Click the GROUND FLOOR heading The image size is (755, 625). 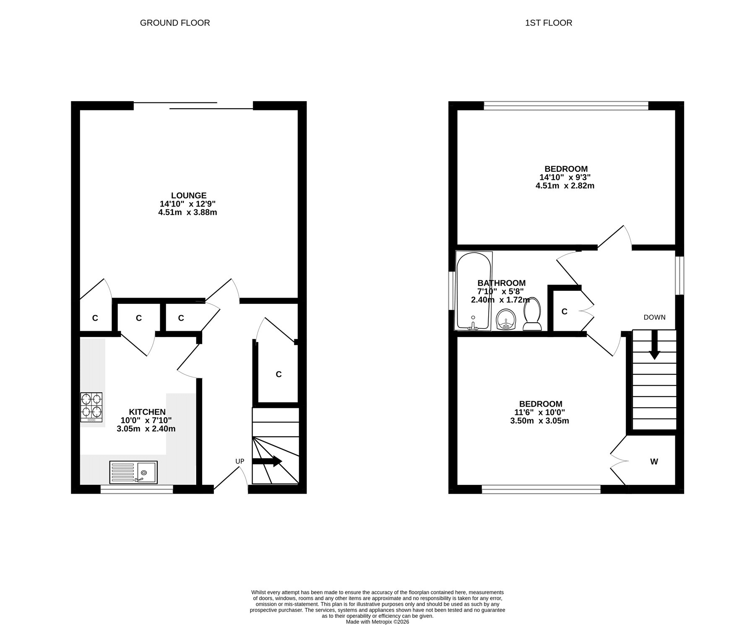click(175, 23)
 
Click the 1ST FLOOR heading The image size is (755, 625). click(549, 23)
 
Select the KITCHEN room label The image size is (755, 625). click(147, 412)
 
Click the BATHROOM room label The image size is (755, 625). click(501, 283)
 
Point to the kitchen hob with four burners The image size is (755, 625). click(91, 408)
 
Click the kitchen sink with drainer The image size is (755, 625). click(133, 473)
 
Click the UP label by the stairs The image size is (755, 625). click(240, 461)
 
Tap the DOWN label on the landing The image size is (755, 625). click(654, 317)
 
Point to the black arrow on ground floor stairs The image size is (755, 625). click(267, 461)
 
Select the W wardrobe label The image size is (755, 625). click(654, 462)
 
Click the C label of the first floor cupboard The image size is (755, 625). click(565, 311)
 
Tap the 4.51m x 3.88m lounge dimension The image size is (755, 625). click(187, 212)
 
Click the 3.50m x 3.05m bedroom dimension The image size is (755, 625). click(539, 421)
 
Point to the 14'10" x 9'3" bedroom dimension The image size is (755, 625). click(565, 178)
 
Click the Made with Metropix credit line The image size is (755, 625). click(377, 622)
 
